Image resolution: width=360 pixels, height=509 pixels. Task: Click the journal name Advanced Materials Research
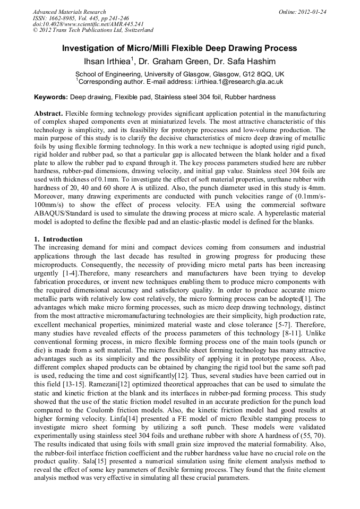[69, 12]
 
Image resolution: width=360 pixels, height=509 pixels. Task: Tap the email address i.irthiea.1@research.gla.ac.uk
[227, 82]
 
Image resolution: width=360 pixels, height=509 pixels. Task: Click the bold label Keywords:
[51, 97]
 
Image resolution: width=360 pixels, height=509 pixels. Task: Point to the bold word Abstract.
[48, 114]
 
